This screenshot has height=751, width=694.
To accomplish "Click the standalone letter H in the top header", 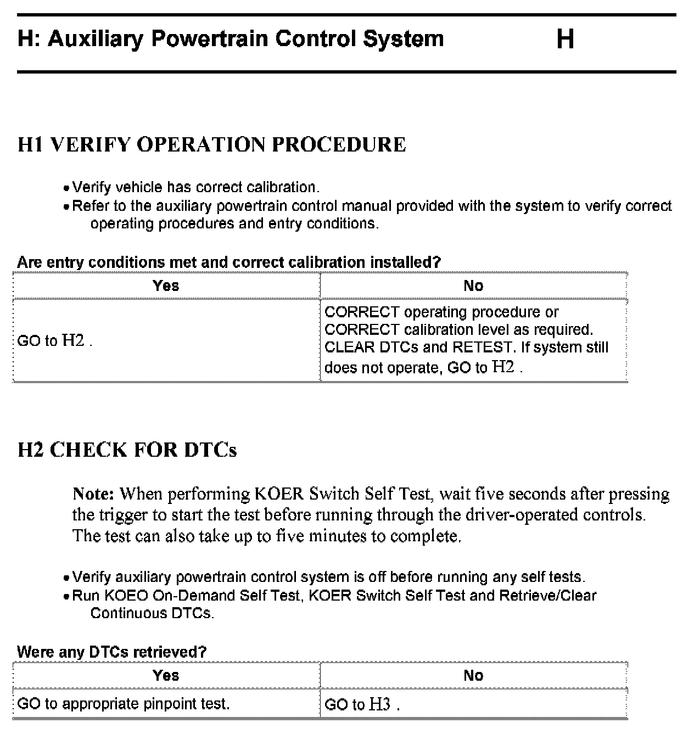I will click(565, 40).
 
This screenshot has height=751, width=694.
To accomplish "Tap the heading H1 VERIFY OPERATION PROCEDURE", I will click(212, 144).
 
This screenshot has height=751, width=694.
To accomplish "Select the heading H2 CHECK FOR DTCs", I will click(127, 450).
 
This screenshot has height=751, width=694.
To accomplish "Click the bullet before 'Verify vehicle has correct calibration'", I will click(66, 188).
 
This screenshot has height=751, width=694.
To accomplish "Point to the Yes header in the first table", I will click(166, 285).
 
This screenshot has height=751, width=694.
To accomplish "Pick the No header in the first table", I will click(473, 285).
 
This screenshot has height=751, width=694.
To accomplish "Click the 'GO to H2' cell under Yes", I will click(54, 340).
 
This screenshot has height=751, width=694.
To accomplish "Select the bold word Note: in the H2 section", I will click(93, 494).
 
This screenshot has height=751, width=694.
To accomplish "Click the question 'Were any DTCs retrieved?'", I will click(112, 652).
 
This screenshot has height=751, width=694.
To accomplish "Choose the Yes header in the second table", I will click(166, 675).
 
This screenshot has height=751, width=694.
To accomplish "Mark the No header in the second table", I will click(473, 675).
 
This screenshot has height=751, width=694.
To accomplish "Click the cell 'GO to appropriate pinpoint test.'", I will click(124, 704).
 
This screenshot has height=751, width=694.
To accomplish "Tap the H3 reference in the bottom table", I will click(380, 704).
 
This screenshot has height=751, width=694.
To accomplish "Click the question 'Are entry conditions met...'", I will click(229, 262).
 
